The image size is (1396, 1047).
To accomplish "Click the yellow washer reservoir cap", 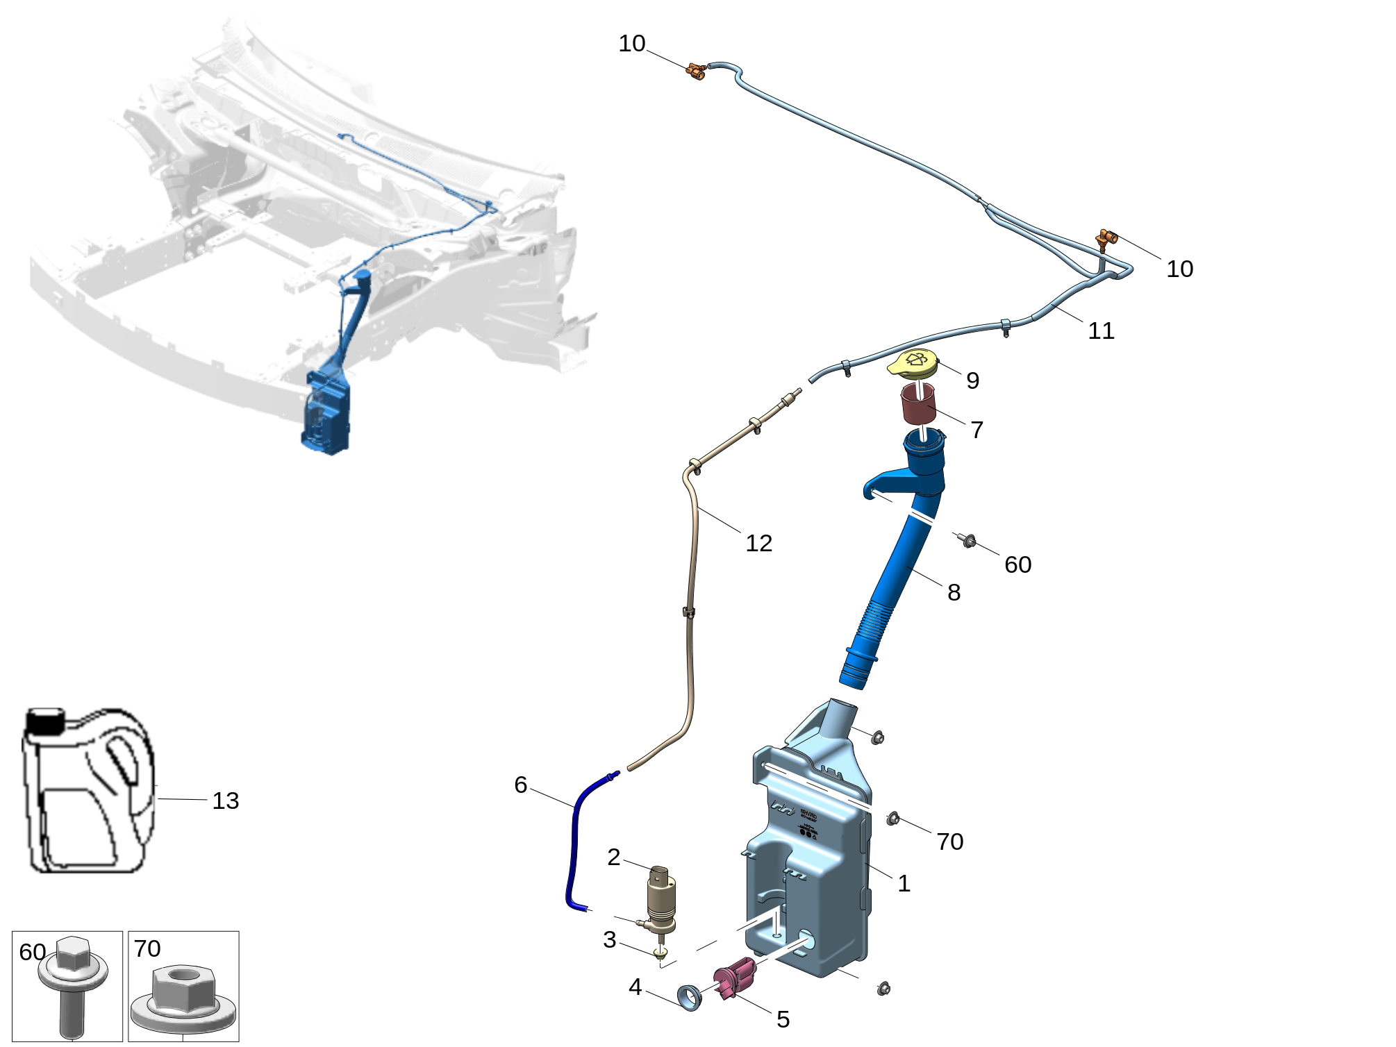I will [x=913, y=363].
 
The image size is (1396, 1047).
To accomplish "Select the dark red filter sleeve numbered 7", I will [x=918, y=403].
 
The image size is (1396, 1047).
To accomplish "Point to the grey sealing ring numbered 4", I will [x=690, y=997].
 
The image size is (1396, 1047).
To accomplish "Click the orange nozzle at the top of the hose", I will [x=696, y=70].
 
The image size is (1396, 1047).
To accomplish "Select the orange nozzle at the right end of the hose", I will [x=1106, y=239].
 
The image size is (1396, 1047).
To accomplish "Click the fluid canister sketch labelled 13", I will [x=87, y=791].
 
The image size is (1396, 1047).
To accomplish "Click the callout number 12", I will [x=758, y=543].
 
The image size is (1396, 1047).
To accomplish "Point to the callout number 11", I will [x=1101, y=330].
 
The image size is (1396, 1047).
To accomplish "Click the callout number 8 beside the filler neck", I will [x=954, y=592].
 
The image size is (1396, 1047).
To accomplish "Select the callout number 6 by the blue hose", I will [x=521, y=785].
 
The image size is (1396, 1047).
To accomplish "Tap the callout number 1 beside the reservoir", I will [x=904, y=883].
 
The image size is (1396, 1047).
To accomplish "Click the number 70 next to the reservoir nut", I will [x=949, y=841].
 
